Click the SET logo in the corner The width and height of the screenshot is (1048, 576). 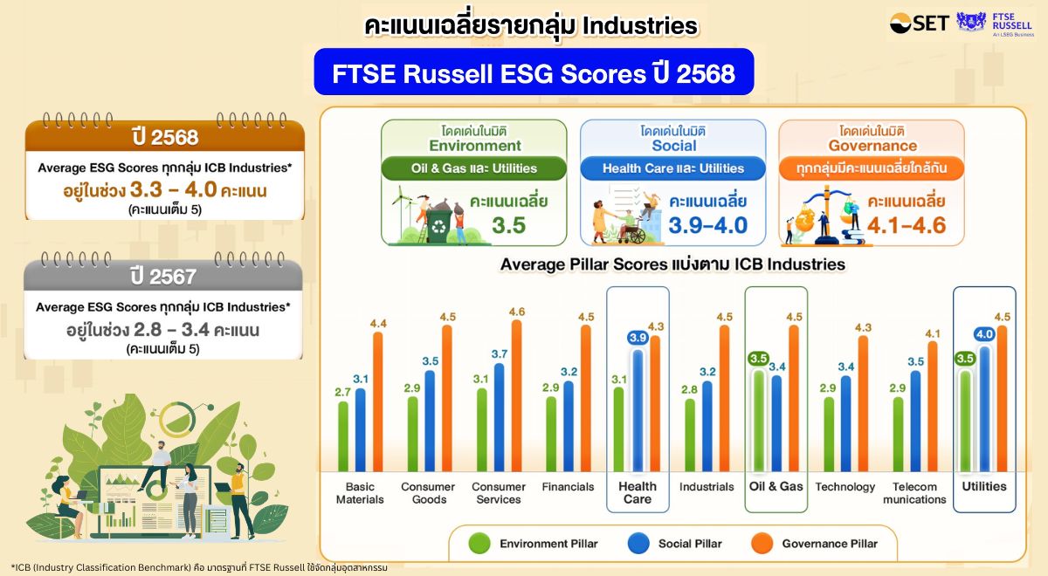click(920, 24)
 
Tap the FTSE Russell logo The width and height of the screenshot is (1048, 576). click(994, 24)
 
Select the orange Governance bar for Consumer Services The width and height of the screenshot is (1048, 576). click(516, 395)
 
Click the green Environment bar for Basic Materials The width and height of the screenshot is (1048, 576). click(343, 436)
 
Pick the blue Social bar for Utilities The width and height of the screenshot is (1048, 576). click(984, 409)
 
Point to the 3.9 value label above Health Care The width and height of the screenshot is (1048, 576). click(638, 338)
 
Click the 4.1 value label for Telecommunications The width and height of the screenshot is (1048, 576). click(933, 333)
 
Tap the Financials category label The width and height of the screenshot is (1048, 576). click(568, 487)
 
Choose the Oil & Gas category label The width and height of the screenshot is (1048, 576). click(776, 486)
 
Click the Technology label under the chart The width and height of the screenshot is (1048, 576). click(845, 487)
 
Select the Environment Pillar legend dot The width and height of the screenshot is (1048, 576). click(479, 544)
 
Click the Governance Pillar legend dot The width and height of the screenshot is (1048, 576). click(762, 544)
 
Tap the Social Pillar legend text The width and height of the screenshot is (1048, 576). click(690, 544)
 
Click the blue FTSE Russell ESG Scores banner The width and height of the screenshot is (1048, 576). click(534, 72)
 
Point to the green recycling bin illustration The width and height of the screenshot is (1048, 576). click(438, 225)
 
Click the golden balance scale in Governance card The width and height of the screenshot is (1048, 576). click(826, 214)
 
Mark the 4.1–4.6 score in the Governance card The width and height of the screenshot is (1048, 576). click(907, 225)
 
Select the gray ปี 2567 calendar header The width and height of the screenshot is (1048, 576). click(163, 276)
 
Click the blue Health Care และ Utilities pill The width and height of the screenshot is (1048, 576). click(672, 168)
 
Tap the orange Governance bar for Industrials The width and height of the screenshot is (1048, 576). click(724, 398)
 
